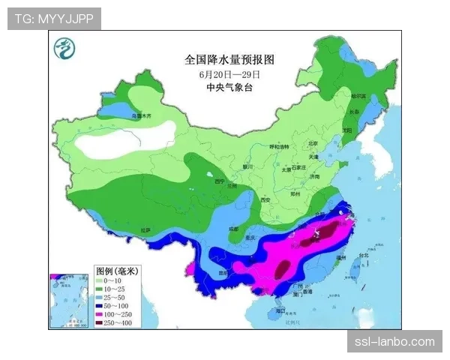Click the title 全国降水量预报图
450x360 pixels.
click(x=229, y=58)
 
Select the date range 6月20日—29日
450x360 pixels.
click(x=229, y=73)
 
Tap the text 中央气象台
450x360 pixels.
click(x=229, y=87)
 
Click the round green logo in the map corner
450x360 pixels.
click(x=65, y=51)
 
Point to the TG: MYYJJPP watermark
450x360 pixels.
click(x=54, y=19)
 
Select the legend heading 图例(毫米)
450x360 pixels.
click(x=117, y=270)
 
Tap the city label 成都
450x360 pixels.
click(x=235, y=228)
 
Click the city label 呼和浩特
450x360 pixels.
click(x=279, y=146)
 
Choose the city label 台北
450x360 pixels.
click(x=364, y=256)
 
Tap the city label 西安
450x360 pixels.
click(x=264, y=200)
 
